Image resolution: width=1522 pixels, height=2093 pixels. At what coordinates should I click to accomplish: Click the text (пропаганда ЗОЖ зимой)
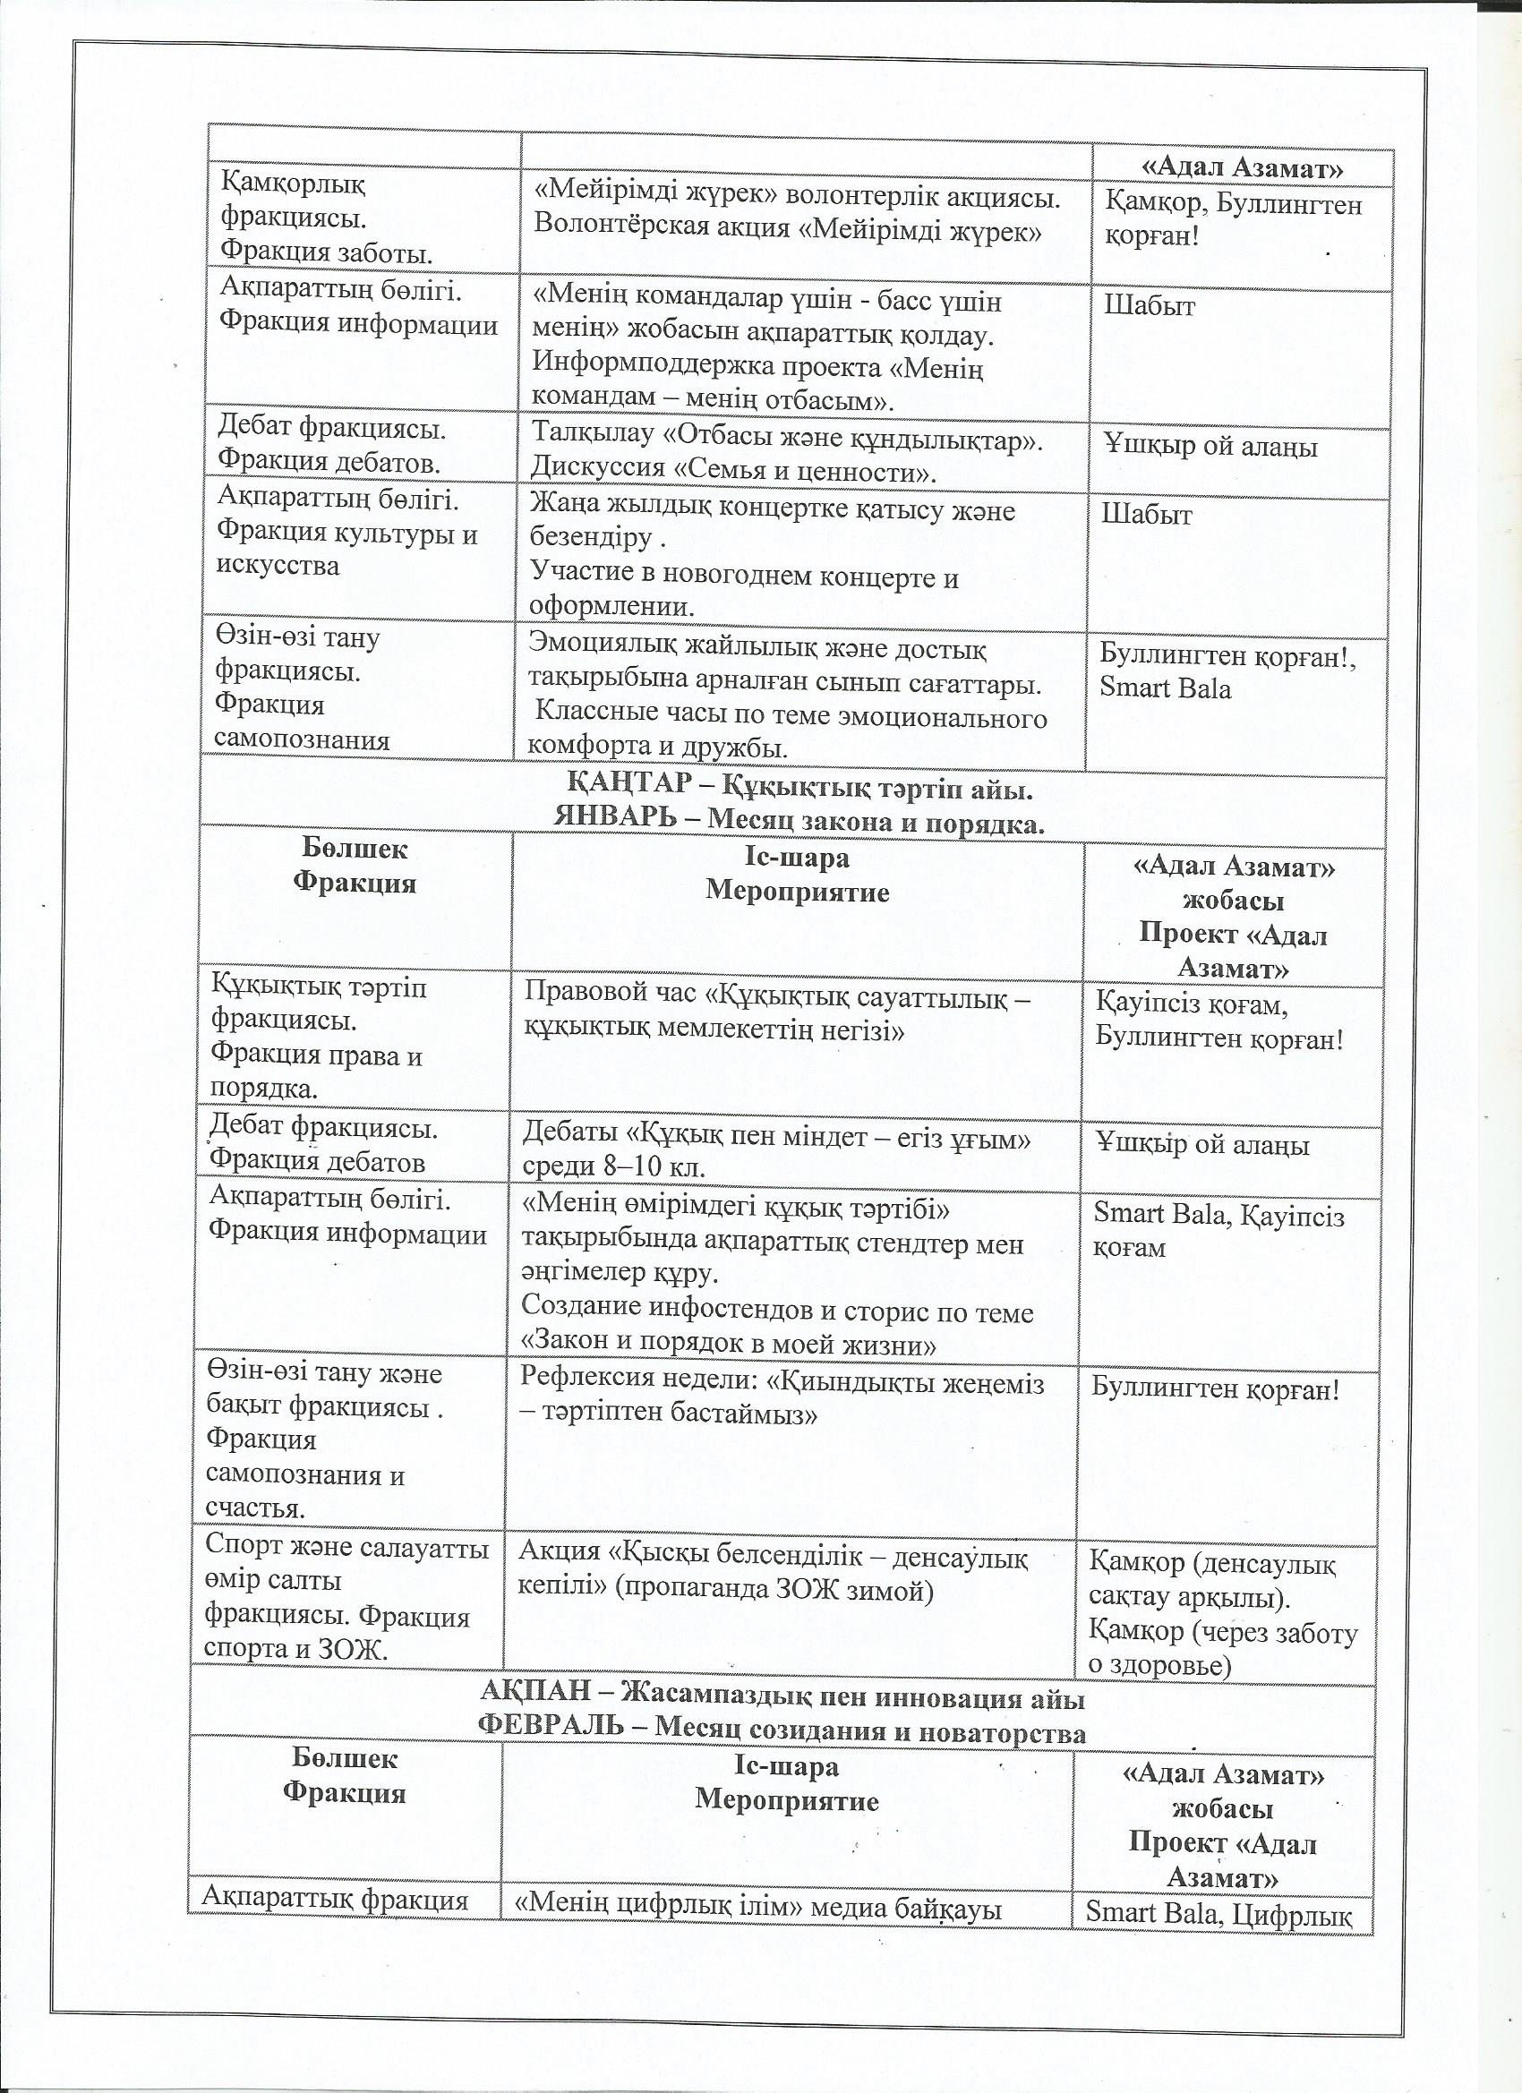tap(774, 1592)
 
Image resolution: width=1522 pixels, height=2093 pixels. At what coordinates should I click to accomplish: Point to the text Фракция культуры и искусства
tap(346, 550)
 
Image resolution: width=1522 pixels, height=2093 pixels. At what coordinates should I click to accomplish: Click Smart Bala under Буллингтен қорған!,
tap(1165, 688)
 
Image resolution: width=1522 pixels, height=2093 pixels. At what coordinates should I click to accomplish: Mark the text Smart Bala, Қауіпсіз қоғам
tap(1218, 1231)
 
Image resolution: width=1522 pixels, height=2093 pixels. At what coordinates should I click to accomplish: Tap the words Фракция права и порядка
tap(316, 1071)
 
